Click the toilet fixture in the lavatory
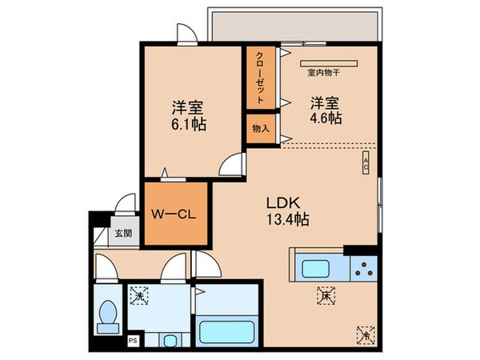(107, 314)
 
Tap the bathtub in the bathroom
(226, 331)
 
